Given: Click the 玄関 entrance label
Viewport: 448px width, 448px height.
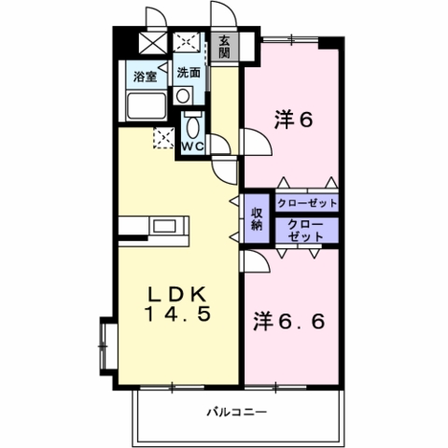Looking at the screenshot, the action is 224,47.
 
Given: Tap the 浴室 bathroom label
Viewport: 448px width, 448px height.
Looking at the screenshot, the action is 145,77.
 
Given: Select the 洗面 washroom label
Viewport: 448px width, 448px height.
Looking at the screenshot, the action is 189,73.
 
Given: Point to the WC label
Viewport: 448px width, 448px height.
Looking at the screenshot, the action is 192,146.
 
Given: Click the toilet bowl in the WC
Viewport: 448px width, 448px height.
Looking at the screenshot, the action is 193,126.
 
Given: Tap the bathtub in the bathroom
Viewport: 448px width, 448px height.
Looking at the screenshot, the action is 147,105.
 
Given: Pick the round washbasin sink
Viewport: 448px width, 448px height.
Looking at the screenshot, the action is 182,96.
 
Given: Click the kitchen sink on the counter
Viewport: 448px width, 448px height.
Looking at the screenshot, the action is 164,226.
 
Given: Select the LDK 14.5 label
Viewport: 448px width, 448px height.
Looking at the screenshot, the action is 177,304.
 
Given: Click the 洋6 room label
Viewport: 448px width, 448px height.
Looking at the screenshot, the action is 293,119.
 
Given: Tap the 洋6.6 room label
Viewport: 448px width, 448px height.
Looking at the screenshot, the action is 289,321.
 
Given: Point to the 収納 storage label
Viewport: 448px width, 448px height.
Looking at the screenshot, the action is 257,219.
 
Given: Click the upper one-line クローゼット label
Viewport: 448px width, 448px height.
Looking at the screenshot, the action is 307,203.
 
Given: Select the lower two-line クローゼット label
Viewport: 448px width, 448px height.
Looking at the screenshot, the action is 305,231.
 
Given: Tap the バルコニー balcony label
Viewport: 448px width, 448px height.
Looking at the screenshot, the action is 237,413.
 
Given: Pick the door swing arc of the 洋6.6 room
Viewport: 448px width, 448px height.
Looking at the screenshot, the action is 262,258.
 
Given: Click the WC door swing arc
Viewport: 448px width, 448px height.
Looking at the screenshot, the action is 224,140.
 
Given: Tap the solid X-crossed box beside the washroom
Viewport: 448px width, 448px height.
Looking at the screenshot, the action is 153,43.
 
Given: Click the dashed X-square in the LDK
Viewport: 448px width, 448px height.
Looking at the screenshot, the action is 163,138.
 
